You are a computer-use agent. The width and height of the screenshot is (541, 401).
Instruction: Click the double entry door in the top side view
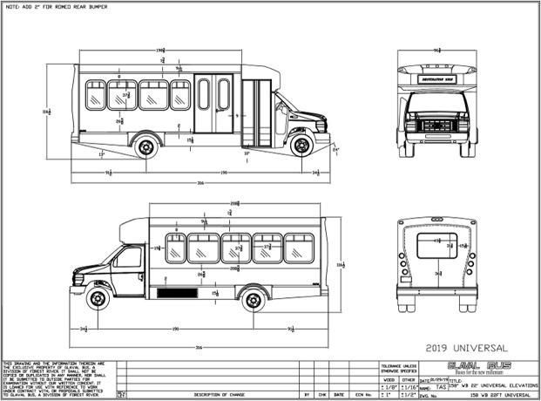click(x=213, y=103)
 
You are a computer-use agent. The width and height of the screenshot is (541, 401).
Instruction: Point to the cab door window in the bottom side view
click(x=128, y=258)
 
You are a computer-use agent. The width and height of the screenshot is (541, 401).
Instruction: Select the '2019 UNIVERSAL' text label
click(x=456, y=347)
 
